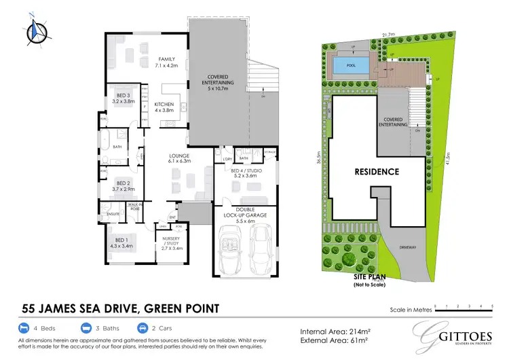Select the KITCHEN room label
(x=164, y=107)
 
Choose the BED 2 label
(x=123, y=186)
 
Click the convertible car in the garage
(x=231, y=251)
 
